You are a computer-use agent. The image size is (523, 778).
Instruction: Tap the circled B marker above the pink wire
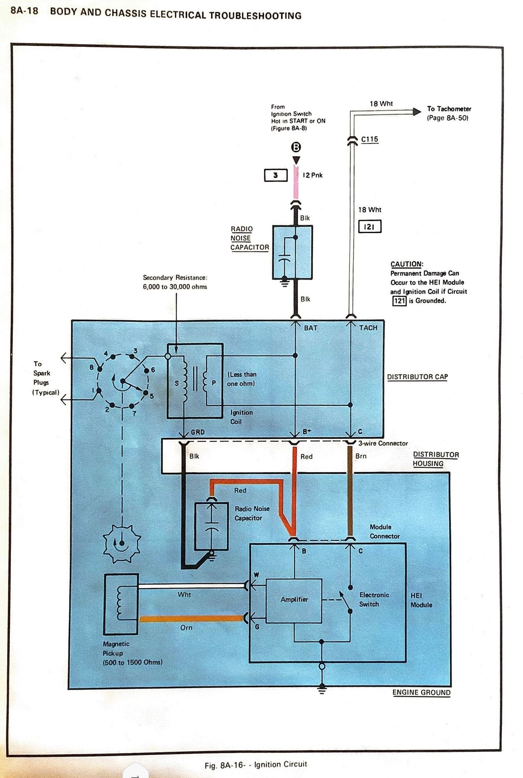296,147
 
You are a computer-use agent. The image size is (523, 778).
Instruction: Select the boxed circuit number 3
275,175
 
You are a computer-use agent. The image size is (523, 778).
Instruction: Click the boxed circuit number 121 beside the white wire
370,227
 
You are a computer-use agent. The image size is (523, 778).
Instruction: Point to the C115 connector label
370,139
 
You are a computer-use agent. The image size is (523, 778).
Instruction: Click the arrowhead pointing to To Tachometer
417,112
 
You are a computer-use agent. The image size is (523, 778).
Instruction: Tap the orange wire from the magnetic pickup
191,619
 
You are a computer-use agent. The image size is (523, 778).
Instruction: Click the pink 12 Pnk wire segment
296,185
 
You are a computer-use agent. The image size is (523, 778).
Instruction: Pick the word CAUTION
406,264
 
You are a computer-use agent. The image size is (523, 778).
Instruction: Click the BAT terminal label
310,328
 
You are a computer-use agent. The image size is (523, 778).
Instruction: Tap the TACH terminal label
368,328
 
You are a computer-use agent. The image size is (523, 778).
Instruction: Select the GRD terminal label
198,432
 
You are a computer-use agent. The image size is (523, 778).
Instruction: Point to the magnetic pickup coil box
121,604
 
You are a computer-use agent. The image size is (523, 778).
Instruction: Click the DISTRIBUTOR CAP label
417,377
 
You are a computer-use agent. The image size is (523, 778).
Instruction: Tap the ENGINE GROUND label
421,692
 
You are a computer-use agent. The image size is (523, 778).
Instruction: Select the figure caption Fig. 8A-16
256,764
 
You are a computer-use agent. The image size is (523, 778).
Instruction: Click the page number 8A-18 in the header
24,11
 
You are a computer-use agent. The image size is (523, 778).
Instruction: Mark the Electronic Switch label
374,599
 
